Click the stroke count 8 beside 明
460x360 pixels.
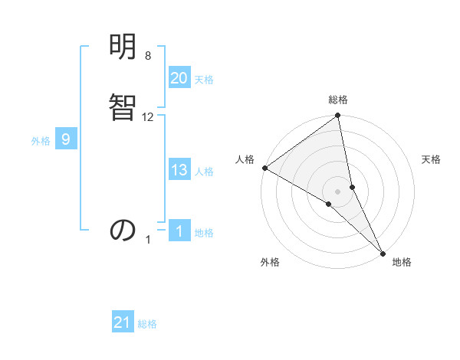pyautogui.click(x=148, y=56)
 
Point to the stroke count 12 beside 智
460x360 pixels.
pyautogui.click(x=148, y=116)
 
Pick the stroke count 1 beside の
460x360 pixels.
pyautogui.click(x=149, y=240)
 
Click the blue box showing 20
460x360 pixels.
pyautogui.click(x=179, y=78)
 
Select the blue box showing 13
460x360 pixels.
pyautogui.click(x=179, y=170)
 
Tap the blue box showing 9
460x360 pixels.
pyautogui.click(x=66, y=139)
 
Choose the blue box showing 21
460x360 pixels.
pyautogui.click(x=123, y=323)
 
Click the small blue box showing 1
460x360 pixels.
pyautogui.click(x=179, y=231)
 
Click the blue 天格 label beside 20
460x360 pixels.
pyautogui.click(x=204, y=80)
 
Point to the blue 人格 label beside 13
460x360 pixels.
pyautogui.click(x=204, y=172)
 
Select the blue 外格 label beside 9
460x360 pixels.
pyautogui.click(x=41, y=141)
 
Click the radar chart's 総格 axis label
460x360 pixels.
pyautogui.click(x=338, y=100)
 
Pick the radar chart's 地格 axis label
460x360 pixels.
pyautogui.click(x=402, y=262)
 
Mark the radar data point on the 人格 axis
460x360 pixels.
pyautogui.click(x=264, y=168)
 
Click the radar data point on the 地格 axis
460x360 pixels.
pyautogui.click(x=382, y=252)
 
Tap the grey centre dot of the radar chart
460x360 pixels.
pyautogui.click(x=338, y=191)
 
